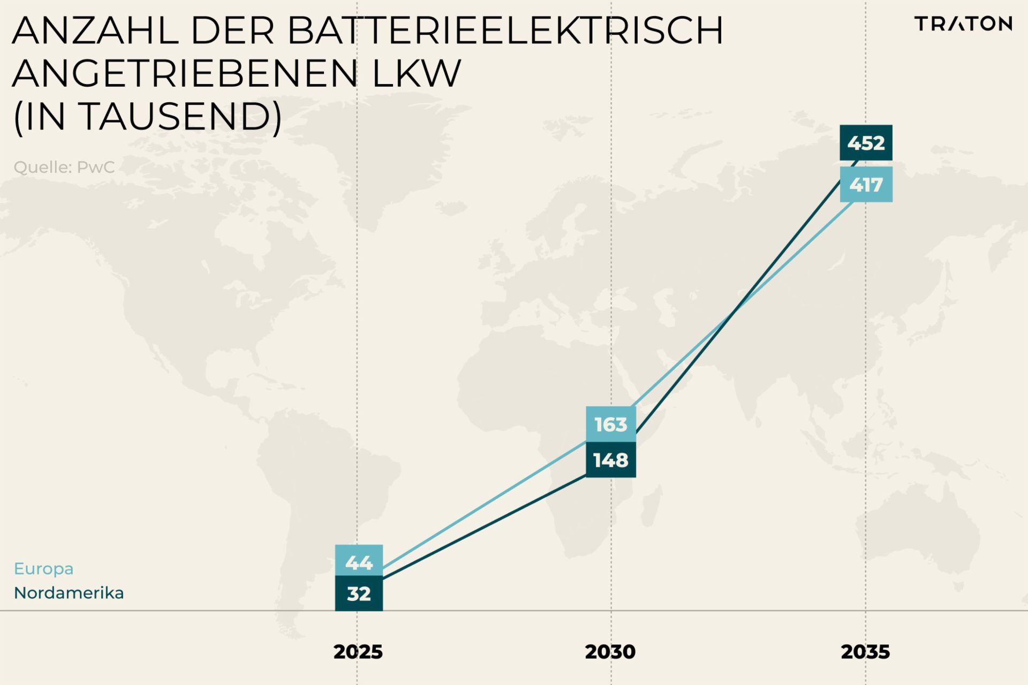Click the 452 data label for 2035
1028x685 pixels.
(x=866, y=143)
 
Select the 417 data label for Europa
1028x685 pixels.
(x=866, y=185)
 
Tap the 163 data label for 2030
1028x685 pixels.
(x=611, y=424)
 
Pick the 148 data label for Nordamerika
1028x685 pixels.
(x=611, y=460)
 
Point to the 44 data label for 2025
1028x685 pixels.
(x=359, y=562)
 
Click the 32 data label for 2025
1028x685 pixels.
(x=359, y=593)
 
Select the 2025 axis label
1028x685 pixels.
(x=358, y=652)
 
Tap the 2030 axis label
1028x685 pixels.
(x=610, y=652)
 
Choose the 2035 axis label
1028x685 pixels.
(x=865, y=652)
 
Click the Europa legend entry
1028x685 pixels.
(x=43, y=568)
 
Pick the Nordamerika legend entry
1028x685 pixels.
(x=69, y=593)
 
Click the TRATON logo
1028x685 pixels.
(x=963, y=24)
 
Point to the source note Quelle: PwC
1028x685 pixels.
(x=64, y=167)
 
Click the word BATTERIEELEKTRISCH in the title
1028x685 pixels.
(x=505, y=31)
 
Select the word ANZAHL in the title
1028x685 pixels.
(x=95, y=31)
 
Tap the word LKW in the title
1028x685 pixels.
(x=416, y=73)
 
